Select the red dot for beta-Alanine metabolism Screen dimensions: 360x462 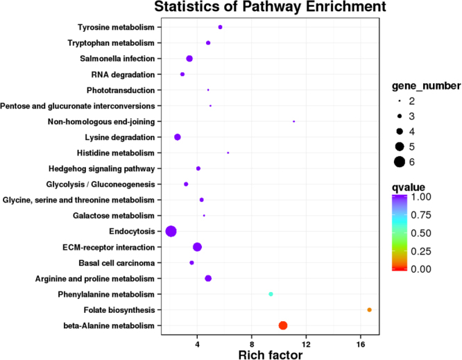(x=282, y=325)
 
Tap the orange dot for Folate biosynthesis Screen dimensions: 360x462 (x=369, y=309)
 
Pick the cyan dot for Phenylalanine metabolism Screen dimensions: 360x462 (x=271, y=294)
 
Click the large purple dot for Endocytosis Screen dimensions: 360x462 (x=171, y=231)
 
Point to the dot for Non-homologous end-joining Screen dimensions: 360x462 (x=294, y=121)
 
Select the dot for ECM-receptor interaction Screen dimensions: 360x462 (x=197, y=247)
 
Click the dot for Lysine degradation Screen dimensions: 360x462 (x=178, y=137)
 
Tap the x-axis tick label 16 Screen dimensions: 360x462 (x=361, y=344)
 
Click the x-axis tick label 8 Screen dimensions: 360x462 (x=252, y=344)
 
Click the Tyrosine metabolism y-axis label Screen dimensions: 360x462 (x=117, y=27)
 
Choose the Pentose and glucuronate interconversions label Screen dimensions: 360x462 (x=77, y=105)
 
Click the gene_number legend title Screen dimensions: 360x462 (x=424, y=86)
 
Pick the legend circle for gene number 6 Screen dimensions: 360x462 (x=399, y=162)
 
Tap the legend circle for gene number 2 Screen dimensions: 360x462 (x=399, y=101)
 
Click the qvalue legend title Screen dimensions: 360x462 (x=408, y=187)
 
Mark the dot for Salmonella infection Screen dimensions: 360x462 (x=189, y=59)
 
